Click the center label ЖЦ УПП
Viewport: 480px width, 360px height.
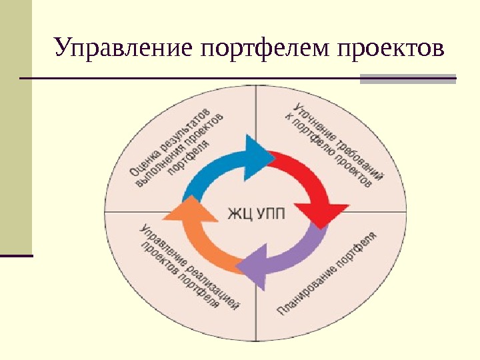click(x=256, y=213)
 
